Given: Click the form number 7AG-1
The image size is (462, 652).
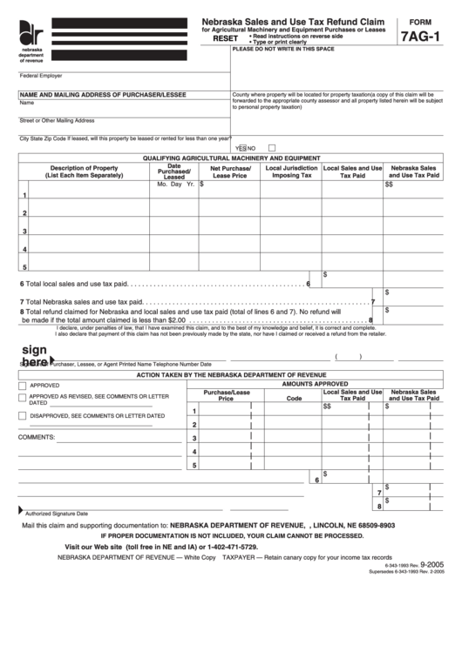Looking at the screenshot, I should coord(421,37).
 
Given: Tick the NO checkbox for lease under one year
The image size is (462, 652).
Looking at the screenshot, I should coord(272,147).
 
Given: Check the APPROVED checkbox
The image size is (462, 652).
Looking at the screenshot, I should coord(23,384).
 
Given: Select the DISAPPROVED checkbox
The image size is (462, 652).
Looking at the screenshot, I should coord(23,415).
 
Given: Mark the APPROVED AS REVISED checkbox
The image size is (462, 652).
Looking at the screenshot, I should coord(23,397).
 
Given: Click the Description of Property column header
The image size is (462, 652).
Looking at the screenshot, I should coord(84,171).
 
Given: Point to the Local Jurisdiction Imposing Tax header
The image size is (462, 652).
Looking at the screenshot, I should coord(291,171).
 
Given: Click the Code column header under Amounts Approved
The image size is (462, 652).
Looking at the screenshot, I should coord(294,398).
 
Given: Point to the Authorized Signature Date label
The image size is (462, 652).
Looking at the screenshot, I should coord(57,514).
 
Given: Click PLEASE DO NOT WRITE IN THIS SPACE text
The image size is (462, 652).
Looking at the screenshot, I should coord(283,49).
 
